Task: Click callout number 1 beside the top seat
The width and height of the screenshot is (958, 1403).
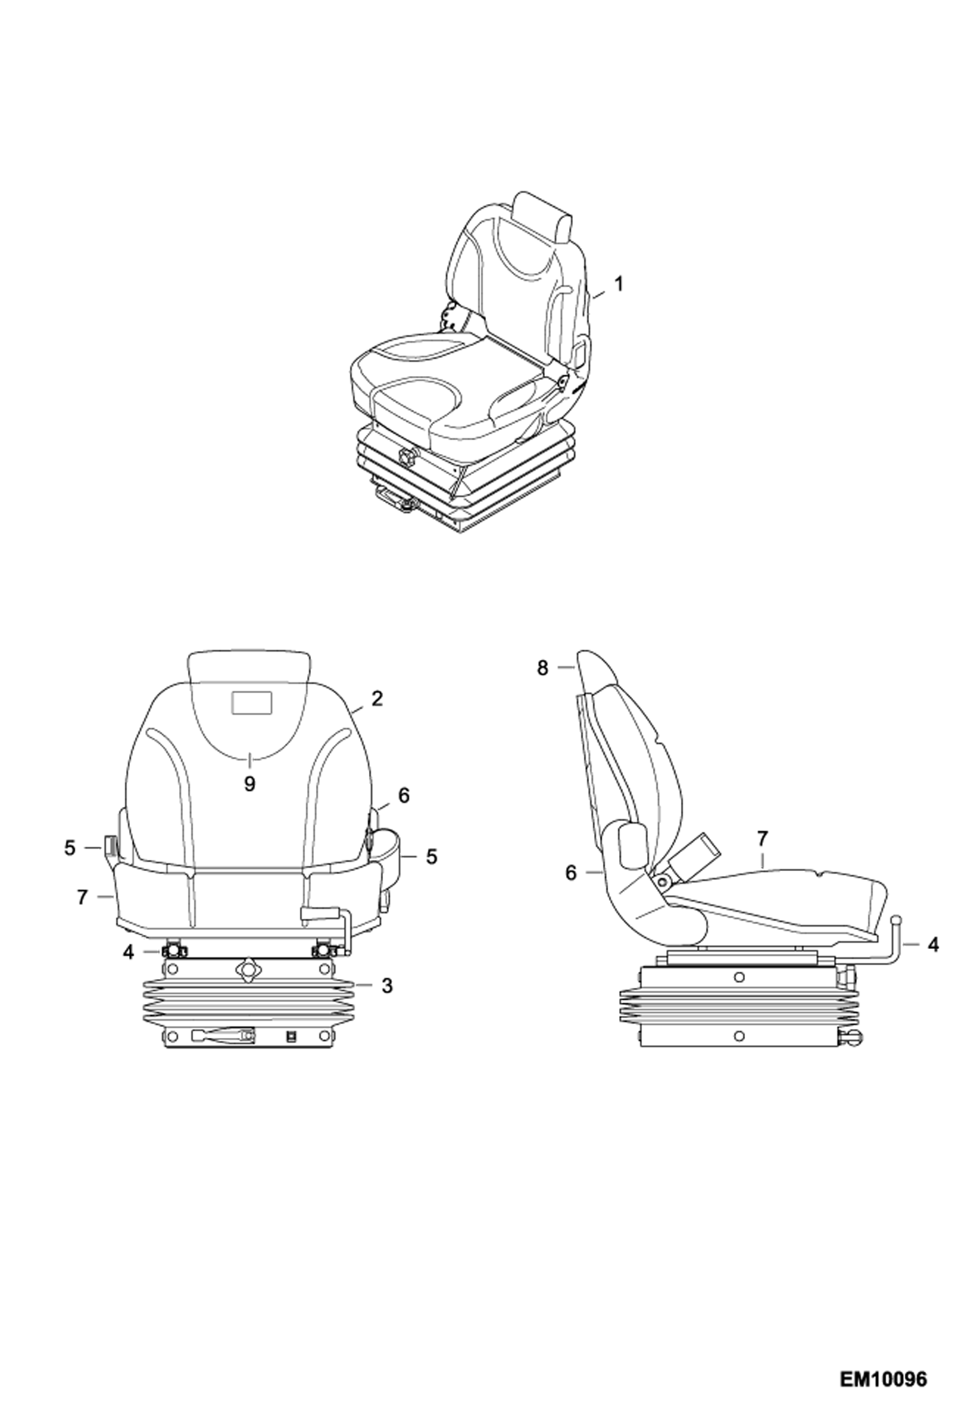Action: tap(618, 284)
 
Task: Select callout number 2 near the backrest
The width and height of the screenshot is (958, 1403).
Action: tap(377, 698)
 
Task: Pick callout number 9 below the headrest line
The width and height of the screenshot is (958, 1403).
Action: tap(249, 784)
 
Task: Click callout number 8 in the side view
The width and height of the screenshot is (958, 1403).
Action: tap(542, 668)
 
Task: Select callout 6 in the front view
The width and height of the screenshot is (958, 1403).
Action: tap(403, 796)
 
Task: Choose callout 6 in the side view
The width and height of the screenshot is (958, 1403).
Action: tap(571, 873)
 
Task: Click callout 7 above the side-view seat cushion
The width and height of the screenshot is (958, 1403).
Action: tap(762, 838)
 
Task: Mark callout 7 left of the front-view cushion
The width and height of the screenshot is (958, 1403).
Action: tap(82, 898)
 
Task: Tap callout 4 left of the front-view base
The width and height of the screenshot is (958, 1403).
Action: tap(129, 952)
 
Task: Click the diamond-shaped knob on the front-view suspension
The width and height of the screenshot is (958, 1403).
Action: tap(246, 969)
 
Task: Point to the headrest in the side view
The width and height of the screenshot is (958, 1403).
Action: tap(597, 671)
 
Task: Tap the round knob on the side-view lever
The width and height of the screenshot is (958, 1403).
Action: tap(897, 920)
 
